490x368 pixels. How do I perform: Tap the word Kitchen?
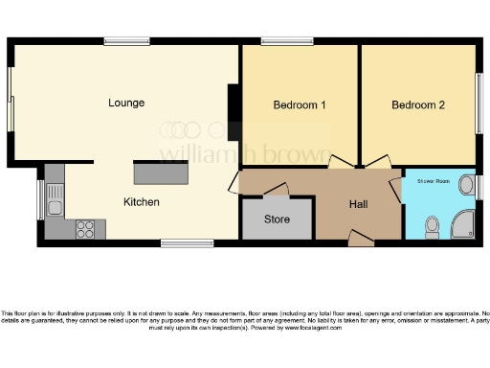tap(141, 202)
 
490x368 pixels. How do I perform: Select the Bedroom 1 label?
tap(300, 104)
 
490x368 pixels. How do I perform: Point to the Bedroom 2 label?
tap(418, 104)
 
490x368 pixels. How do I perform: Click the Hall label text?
tap(358, 203)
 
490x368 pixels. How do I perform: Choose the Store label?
tap(277, 219)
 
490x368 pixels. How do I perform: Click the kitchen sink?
tap(55, 204)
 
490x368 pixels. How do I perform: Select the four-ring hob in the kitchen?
tap(85, 229)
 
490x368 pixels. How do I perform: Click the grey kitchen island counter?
tap(162, 173)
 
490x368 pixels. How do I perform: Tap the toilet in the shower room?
tap(432, 224)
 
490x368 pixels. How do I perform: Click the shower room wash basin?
tap(467, 185)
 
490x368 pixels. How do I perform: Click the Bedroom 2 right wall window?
tap(479, 103)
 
